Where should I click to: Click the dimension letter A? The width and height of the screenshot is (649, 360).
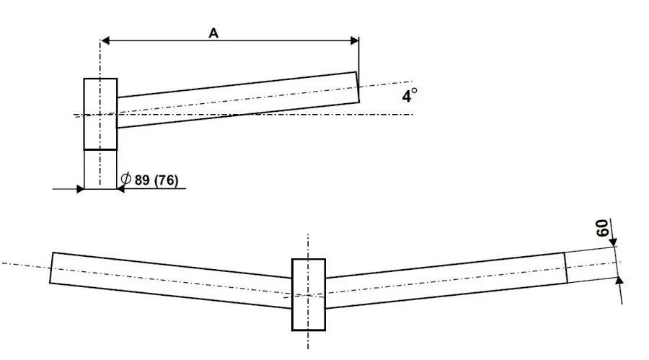213,33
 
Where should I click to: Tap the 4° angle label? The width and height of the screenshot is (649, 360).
410,95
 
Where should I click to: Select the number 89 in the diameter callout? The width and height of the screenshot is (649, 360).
142,180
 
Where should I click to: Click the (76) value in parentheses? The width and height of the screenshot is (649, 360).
166,180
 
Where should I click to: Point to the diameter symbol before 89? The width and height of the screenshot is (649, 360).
125,179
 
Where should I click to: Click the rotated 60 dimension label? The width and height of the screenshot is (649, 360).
602,228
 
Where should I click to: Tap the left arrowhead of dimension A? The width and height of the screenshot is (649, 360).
105,40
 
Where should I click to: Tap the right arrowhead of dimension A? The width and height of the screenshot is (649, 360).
355,40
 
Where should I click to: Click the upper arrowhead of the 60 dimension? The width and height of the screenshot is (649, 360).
614,242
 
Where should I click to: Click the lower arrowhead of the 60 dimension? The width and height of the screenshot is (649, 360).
619,281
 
